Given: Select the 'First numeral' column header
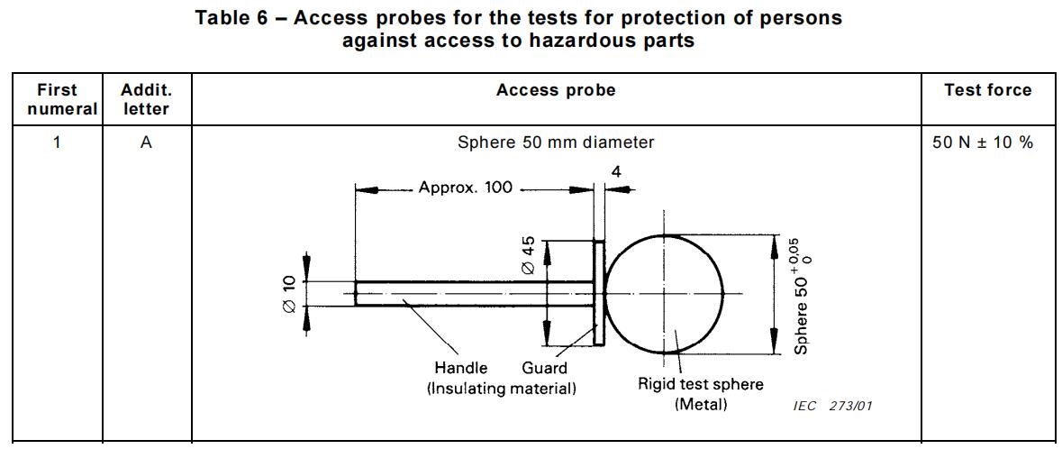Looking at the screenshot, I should [58, 99].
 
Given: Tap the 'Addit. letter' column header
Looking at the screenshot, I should [146, 99].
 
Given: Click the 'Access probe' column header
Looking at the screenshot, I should [556, 90].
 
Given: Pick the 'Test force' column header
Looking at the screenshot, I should [987, 90].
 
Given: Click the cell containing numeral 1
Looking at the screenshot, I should [57, 142].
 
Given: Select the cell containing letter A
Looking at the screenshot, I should [146, 142].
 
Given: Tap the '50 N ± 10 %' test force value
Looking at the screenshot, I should [983, 142].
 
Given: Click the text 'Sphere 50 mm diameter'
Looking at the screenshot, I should [556, 142].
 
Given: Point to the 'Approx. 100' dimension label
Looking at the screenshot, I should [466, 188].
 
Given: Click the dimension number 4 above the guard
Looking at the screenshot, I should [616, 171].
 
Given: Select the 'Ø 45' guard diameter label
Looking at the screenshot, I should [529, 257].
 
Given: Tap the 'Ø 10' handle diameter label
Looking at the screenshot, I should [289, 294].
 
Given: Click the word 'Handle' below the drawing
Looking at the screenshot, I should [460, 368].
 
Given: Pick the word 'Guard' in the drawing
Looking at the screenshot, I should [544, 368].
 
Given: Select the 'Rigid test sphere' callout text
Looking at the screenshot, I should [701, 384].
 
